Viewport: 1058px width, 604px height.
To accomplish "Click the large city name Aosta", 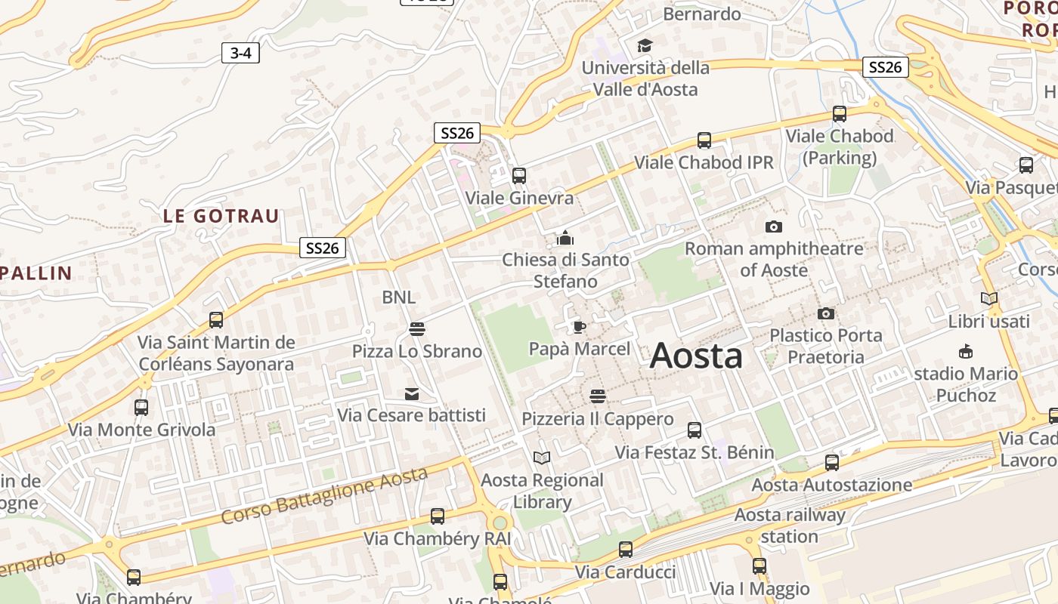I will coord(696,356).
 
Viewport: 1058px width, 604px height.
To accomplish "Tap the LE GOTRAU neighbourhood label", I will coord(221,216).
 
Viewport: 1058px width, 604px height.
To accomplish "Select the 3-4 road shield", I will coord(240,53).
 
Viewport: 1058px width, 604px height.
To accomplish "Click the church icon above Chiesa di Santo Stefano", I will coord(565,239).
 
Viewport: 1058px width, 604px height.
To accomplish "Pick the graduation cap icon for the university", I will coord(645,46).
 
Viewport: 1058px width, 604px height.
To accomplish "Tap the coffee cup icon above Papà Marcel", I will coord(579,327).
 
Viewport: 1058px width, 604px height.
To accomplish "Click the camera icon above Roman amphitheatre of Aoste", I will coord(773,226).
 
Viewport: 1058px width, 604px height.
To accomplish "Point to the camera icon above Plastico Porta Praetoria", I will coord(826,313).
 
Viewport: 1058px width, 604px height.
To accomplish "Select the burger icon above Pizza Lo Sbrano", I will coord(416,329).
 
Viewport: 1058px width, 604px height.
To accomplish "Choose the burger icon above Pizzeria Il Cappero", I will coord(597,396).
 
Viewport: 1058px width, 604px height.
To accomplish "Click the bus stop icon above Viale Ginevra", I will coord(519,176).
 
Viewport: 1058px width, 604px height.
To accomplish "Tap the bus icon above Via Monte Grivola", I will coord(141,408).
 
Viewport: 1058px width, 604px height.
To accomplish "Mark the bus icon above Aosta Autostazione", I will coord(832,463).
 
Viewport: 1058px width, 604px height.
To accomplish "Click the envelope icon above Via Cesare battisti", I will coord(411,393).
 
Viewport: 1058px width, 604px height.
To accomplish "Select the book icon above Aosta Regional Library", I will coord(542,458).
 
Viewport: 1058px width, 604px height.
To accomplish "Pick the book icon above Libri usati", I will coord(988,299).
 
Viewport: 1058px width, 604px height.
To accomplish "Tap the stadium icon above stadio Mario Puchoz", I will coord(965,351).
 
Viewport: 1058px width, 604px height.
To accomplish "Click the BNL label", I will coord(398,297).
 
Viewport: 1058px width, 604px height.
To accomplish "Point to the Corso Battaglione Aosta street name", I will coord(325,495).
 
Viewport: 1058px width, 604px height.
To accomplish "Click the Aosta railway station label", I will coord(790,525).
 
